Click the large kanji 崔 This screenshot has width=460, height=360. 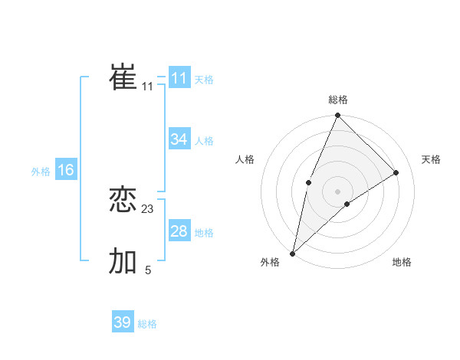[123, 77]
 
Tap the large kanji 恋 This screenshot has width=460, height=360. [123, 199]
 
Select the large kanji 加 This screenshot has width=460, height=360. [123, 261]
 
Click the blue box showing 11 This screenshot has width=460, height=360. [179, 78]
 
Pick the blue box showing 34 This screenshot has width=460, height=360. [179, 139]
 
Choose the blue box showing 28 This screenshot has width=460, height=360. [179, 231]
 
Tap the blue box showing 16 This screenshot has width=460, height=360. [66, 170]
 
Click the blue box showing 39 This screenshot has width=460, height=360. [123, 322]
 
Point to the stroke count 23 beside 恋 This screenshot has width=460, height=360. [148, 208]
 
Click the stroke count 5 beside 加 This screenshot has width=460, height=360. [148, 270]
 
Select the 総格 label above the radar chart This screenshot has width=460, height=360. [338, 100]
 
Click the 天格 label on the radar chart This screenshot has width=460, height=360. [432, 159]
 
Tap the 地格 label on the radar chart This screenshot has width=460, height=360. [402, 263]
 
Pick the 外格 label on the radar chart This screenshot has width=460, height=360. [270, 263]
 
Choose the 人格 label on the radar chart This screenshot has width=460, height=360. [245, 159]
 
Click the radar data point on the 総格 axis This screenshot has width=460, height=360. [338, 116]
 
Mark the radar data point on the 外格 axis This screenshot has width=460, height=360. [293, 253]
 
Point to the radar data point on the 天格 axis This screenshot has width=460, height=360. [396, 172]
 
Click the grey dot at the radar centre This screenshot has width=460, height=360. [338, 191]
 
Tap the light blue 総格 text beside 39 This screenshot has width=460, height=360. [147, 324]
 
